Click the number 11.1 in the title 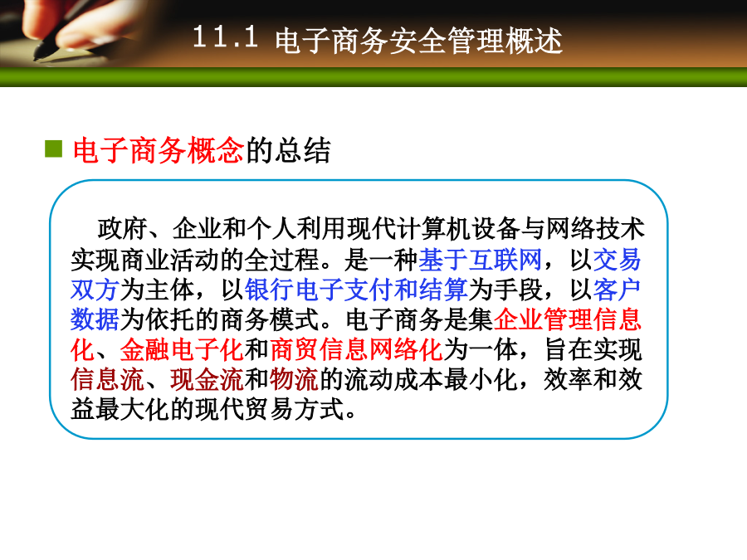tap(225, 37)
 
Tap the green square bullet tap(53, 149)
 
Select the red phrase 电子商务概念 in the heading tap(159, 150)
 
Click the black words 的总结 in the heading tap(288, 150)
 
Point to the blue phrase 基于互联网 tap(481, 260)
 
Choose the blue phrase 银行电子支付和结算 tap(356, 290)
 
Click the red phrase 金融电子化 tap(182, 350)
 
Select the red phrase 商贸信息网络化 tap(356, 350)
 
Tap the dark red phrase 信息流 tap(108, 380)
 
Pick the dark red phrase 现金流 tap(207, 380)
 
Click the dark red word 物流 tap(294, 380)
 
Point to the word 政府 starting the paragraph tap(122, 229)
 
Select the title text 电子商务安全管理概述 tap(419, 41)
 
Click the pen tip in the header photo tap(37, 57)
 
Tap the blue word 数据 tap(95, 319)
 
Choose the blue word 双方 tap(95, 290)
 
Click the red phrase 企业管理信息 tap(568, 319)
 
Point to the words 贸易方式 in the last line tap(294, 410)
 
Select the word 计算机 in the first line tap(434, 229)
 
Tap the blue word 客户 tap(618, 290)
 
